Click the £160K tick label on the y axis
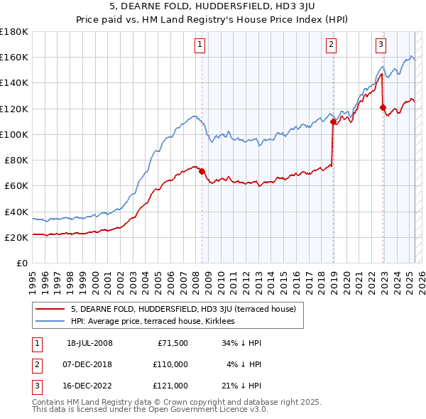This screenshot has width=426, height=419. pos(14,57)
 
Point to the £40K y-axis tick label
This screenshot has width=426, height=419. pos(16,212)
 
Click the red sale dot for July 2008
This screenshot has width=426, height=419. pos(202,171)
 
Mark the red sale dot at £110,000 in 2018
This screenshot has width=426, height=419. pos(333,121)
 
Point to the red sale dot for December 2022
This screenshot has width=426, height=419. pos(383,107)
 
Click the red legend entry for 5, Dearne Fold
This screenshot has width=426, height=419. pos(187,309)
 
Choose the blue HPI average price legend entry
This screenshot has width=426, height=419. pos(157,321)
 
